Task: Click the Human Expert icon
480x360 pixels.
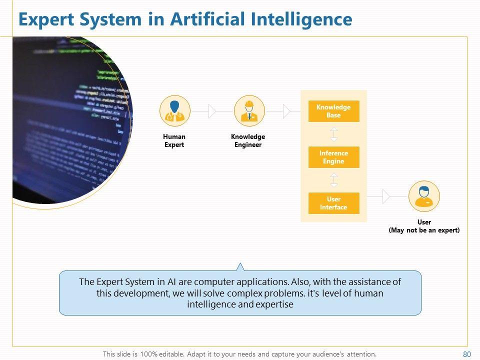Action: (174, 110)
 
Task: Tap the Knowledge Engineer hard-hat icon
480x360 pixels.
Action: (249, 110)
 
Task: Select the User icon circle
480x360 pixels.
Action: (424, 196)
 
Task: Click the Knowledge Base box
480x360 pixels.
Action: (333, 111)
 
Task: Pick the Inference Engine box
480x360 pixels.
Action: (333, 157)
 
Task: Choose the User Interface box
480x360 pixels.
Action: (333, 203)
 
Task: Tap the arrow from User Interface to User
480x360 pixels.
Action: (385, 196)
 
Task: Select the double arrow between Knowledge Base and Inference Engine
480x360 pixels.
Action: (334, 134)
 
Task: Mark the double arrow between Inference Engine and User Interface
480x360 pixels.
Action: (334, 180)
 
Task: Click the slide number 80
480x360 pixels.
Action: (467, 354)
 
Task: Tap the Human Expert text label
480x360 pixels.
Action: (174, 140)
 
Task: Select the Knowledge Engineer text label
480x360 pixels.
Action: (248, 140)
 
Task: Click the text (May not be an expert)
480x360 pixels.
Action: (424, 230)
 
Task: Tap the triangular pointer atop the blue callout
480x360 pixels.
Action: (240, 266)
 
